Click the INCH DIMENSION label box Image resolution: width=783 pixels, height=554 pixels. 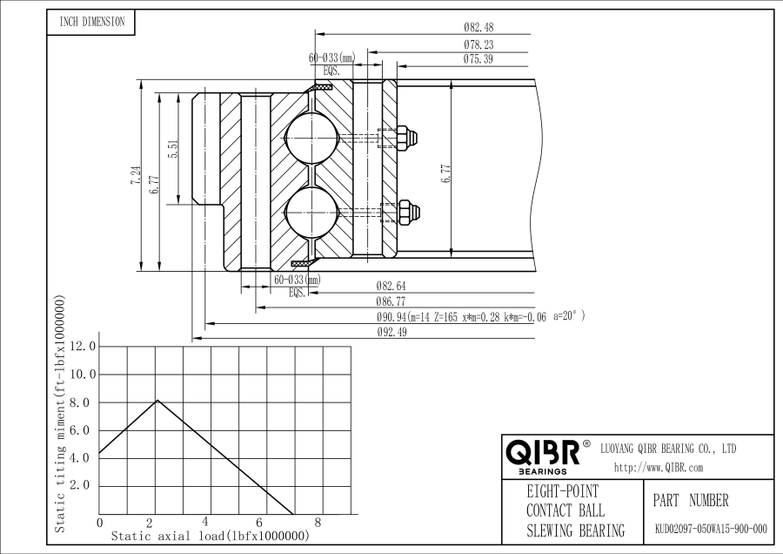(x=91, y=22)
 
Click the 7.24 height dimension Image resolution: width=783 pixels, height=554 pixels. (x=135, y=174)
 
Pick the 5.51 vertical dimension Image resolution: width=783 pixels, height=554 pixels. (x=173, y=150)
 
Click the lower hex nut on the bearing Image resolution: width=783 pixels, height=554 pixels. (x=407, y=211)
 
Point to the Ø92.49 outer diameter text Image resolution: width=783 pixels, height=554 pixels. (x=391, y=334)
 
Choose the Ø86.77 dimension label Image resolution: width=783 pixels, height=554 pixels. (x=391, y=301)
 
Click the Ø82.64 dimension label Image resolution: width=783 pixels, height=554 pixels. (x=391, y=286)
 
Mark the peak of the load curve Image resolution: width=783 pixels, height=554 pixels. (x=157, y=401)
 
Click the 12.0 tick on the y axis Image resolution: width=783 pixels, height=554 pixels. (x=84, y=347)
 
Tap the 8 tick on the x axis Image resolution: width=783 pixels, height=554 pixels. (x=318, y=522)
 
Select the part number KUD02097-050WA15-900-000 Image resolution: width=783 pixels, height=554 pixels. (x=710, y=529)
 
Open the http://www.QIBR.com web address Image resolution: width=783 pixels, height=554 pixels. (x=658, y=468)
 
